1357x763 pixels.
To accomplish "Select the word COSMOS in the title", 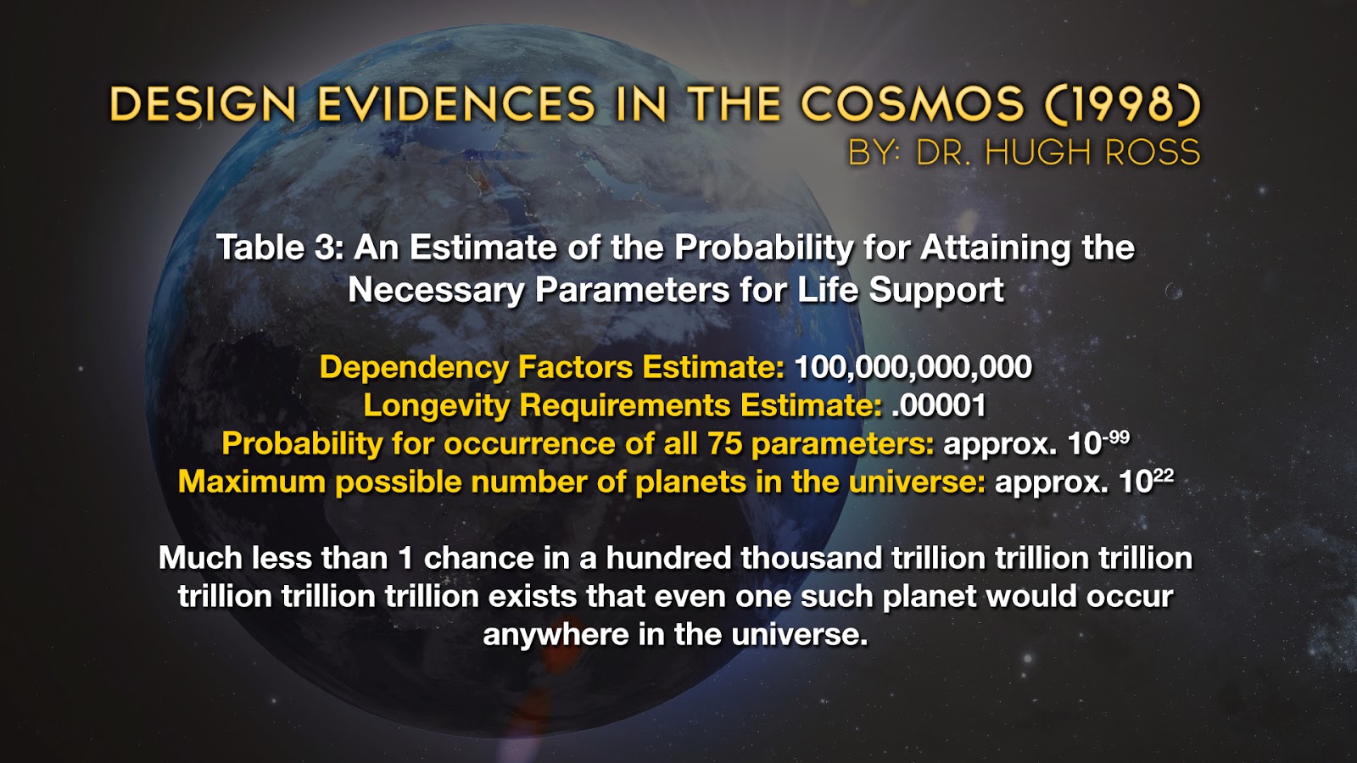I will click(913, 105).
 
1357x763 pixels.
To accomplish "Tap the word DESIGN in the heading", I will click(203, 105).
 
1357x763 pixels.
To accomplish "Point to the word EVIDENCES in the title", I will click(456, 105).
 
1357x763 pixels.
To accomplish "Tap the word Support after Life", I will click(936, 290).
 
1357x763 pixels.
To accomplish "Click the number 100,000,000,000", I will click(913, 367).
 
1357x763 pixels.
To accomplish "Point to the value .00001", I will click(939, 405).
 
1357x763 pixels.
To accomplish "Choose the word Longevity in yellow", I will click(436, 405).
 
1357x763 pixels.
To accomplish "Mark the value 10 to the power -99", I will click(1097, 443).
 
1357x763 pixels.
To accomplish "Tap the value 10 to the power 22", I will click(1146, 481).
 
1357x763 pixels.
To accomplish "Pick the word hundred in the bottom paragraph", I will click(668, 558).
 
